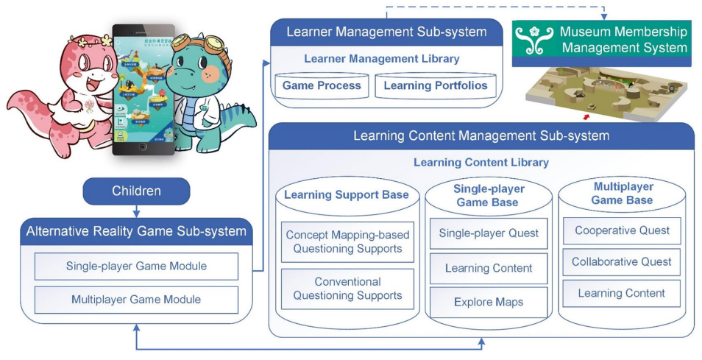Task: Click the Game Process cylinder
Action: [x=322, y=85]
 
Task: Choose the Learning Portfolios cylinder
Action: [x=436, y=85]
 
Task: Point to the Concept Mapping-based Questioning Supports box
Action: [x=347, y=241]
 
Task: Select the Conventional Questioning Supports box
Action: [x=347, y=289]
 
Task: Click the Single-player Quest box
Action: [x=488, y=233]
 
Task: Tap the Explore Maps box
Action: [x=488, y=302]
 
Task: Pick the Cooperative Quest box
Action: [x=622, y=230]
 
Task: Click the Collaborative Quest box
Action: [x=622, y=261]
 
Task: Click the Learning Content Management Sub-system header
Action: [x=481, y=135]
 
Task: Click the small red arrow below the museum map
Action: [x=586, y=116]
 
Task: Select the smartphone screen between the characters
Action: [x=138, y=87]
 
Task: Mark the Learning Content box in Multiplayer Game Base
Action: [x=622, y=293]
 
